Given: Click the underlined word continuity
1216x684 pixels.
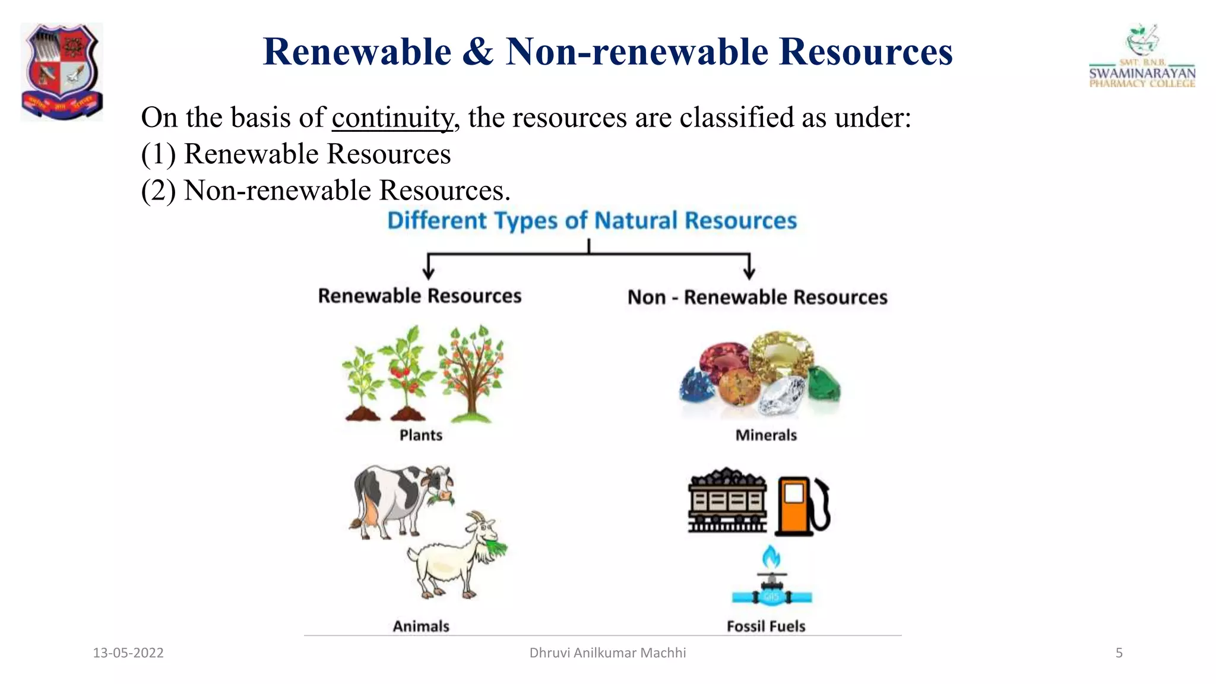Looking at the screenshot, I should [x=392, y=118].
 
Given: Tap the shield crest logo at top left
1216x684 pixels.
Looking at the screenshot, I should [x=62, y=71].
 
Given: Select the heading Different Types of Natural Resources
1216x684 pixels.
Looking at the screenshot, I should [x=591, y=220].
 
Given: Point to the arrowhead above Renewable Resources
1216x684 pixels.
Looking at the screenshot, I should [x=429, y=273].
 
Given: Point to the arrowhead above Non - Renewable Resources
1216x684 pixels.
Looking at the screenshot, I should [x=749, y=273].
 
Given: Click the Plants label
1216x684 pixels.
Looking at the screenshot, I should [x=421, y=435].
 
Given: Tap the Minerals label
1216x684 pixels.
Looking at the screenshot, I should [x=766, y=435].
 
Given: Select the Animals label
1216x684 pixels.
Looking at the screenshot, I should [x=421, y=626].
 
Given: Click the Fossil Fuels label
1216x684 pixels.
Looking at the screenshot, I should [x=766, y=626].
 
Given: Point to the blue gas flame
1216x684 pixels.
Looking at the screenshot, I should [x=771, y=557].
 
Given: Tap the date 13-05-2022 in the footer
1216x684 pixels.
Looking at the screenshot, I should [x=128, y=653].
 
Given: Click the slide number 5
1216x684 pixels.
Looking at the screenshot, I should [x=1119, y=653].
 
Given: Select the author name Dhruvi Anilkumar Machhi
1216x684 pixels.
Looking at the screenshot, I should [x=607, y=653].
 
